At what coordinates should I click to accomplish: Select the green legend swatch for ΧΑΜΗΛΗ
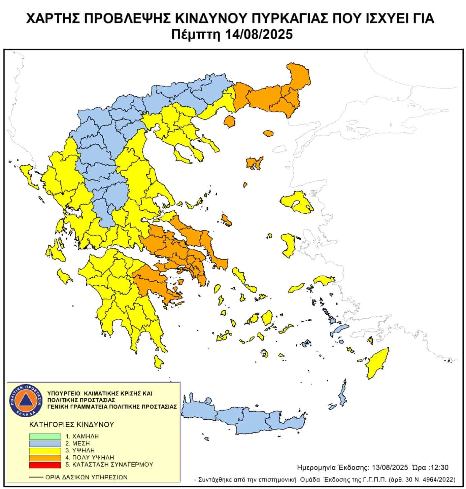point(45,436)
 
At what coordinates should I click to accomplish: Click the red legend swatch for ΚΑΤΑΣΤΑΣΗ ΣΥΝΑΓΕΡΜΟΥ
point(45,465)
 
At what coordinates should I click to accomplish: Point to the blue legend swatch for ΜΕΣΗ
point(45,444)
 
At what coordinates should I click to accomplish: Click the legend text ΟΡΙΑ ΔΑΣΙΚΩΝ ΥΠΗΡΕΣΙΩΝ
point(86,477)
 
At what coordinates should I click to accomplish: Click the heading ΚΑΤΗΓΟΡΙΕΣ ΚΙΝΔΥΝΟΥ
point(72,424)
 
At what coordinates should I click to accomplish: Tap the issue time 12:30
point(440,468)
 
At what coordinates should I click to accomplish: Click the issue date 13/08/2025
point(390,468)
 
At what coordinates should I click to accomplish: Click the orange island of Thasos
point(230,121)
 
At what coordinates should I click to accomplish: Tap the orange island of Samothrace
point(268,134)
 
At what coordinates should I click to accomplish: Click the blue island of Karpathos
point(343,394)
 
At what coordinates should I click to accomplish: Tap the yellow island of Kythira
point(158,362)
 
